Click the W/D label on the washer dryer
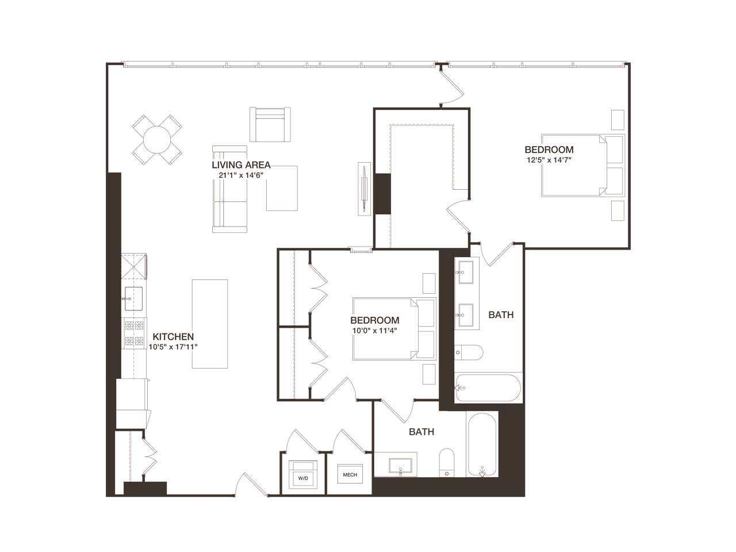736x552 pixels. (302, 478)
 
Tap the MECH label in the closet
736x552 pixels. (350, 475)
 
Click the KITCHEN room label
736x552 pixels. (173, 337)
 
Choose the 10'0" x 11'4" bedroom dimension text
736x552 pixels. (375, 331)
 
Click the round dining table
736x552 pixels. (157, 139)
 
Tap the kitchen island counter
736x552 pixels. (209, 323)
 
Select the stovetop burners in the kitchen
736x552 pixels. (134, 333)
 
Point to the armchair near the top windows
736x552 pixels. (270, 125)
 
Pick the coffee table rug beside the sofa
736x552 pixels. (282, 188)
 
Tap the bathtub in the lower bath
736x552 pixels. (482, 444)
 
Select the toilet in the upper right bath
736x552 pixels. (469, 352)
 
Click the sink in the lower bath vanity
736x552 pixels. (401, 465)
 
